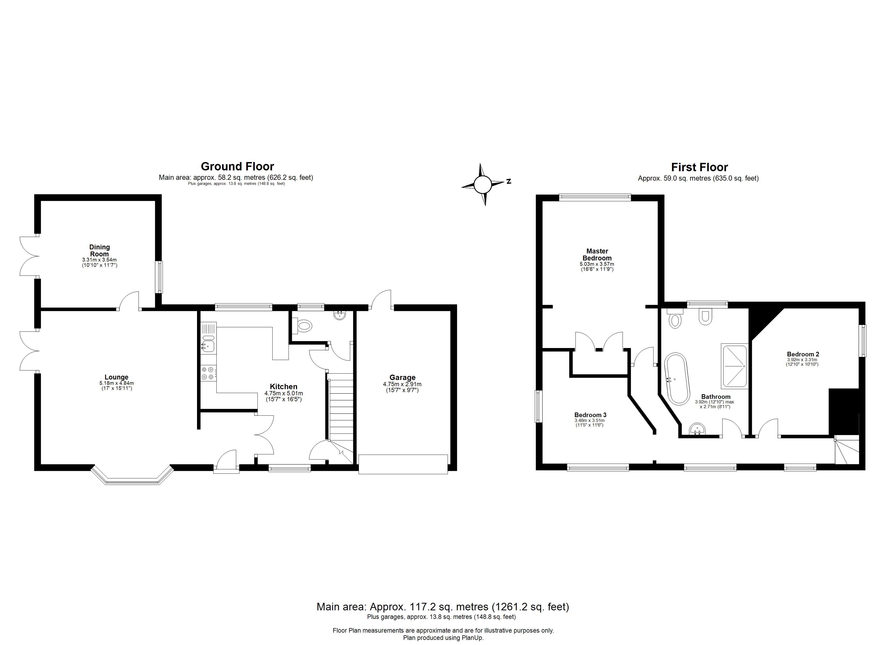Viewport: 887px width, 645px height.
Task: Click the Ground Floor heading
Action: [237, 167]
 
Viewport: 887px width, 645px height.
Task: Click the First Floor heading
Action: [700, 167]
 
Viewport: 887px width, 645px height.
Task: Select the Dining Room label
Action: [100, 250]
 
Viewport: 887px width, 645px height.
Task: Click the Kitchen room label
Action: [284, 387]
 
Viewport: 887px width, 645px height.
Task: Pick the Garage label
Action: [402, 377]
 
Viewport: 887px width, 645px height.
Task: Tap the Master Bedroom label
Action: [597, 255]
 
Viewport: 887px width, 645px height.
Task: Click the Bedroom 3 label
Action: [591, 415]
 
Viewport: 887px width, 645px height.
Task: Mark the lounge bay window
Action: [133, 477]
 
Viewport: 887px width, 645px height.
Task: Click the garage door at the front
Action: [403, 464]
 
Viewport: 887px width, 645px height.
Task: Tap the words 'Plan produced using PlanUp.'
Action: [443, 637]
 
